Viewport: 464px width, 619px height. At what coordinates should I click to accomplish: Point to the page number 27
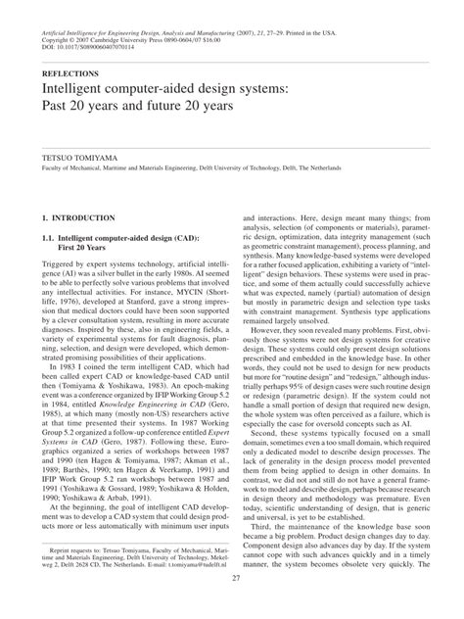[x=231, y=606]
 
